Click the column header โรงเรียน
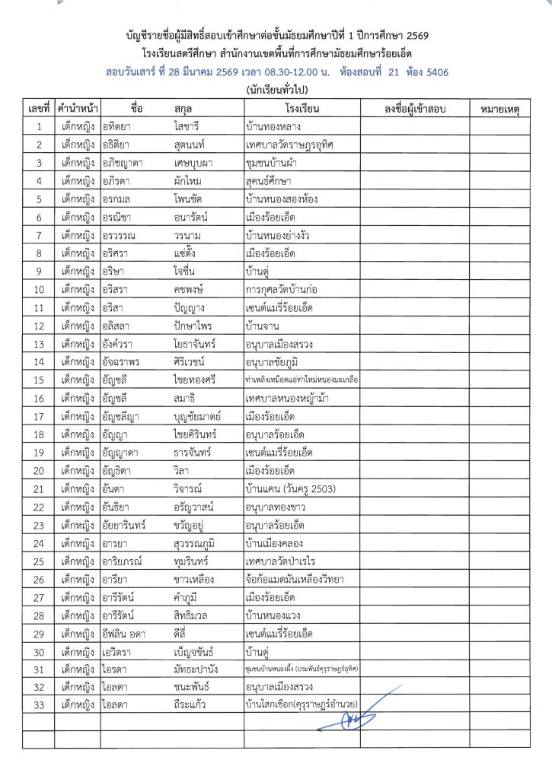pyautogui.click(x=302, y=110)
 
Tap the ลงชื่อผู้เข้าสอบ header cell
pyautogui.click(x=415, y=110)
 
